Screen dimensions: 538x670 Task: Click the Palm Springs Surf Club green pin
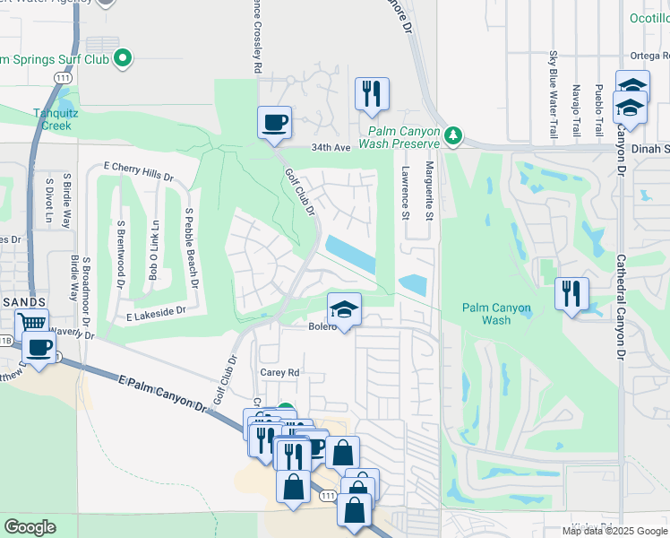(125, 60)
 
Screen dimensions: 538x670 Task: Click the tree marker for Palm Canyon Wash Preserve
(454, 136)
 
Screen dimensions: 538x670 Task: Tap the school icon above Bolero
(344, 309)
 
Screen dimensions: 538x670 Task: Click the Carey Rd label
(279, 372)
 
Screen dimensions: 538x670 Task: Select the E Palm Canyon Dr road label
(162, 394)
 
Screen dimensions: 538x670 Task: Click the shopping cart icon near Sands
(32, 323)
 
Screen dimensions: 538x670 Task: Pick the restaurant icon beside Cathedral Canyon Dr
(571, 292)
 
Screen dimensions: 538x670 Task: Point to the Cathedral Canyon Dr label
(619, 306)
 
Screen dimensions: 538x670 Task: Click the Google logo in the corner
(30, 527)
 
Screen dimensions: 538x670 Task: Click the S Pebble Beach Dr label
(190, 248)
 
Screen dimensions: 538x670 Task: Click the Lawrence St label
(405, 192)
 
